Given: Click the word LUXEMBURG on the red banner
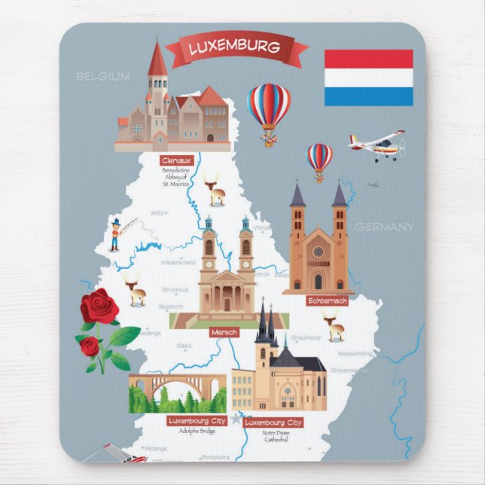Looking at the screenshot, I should [234, 47].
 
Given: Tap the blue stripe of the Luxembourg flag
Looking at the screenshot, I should [368, 96].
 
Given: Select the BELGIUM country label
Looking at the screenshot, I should [103, 76].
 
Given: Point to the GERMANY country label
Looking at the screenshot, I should [384, 227].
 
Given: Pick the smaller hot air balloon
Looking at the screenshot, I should [319, 159].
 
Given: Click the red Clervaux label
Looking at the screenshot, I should [177, 160].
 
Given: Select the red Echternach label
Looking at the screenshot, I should [328, 300].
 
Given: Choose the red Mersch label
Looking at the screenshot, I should [224, 332].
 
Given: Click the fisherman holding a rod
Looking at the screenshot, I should [114, 233].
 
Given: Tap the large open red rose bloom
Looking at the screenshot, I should [99, 307].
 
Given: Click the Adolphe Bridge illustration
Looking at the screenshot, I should [178, 392].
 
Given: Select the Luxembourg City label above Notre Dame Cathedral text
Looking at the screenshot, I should [273, 422].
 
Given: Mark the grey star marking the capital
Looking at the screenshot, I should [238, 418].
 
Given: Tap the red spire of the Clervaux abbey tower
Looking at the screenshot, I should [157, 60].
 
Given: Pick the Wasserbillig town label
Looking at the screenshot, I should [353, 352].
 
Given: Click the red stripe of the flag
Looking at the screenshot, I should [368, 59].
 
